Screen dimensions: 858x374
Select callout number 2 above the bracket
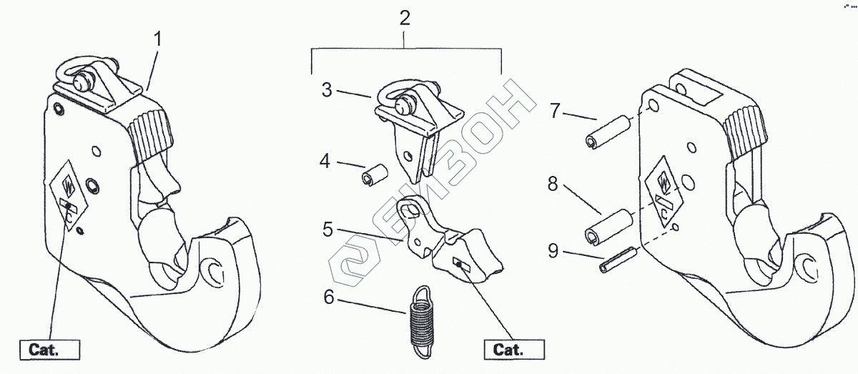coord(405,19)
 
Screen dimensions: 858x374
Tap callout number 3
coord(327,90)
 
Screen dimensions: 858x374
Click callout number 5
coord(327,230)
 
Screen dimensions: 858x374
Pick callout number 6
coord(329,297)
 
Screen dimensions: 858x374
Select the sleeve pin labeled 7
coord(606,133)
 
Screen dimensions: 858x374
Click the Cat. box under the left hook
coord(54,350)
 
